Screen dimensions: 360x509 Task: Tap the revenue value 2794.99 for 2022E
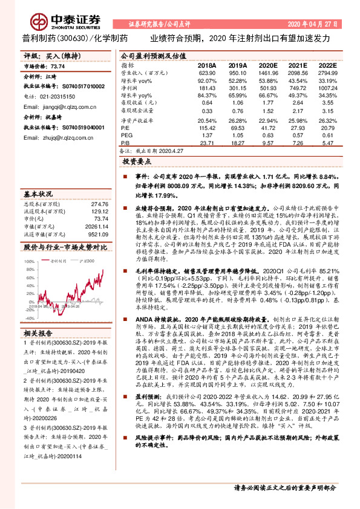point(326,72)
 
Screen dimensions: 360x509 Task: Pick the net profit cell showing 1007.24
point(326,88)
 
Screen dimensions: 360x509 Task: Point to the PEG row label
point(126,135)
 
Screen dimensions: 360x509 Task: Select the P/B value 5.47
point(327,143)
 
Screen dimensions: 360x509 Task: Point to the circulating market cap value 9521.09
point(97,233)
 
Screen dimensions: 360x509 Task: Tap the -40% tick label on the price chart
point(29,317)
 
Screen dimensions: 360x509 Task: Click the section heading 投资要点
point(136,163)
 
